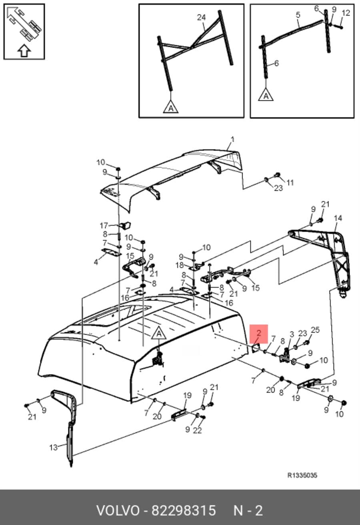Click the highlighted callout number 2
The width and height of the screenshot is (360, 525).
tap(259, 333)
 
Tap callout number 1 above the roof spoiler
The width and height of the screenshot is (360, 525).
tap(232, 140)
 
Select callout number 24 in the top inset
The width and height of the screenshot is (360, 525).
tap(201, 17)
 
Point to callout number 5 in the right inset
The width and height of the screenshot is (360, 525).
tap(298, 15)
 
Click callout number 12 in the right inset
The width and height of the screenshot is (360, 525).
tap(346, 13)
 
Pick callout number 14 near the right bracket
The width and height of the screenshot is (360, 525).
tap(338, 218)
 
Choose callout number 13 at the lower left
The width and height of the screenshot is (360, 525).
tap(54, 447)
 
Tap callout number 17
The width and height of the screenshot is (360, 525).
tap(104, 226)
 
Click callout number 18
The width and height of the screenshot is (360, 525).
tap(180, 265)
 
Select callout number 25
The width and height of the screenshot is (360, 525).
tap(315, 330)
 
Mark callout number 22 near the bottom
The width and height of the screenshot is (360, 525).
tap(197, 430)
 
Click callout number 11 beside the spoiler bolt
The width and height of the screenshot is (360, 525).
tap(290, 182)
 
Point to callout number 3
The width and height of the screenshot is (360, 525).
tap(292, 334)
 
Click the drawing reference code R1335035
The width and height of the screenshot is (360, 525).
tap(302, 475)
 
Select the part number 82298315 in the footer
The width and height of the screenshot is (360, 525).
tap(184, 511)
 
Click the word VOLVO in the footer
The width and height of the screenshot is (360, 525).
tap(118, 511)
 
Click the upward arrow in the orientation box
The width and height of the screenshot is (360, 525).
tap(24, 51)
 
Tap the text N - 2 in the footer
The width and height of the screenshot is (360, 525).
tap(248, 511)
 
